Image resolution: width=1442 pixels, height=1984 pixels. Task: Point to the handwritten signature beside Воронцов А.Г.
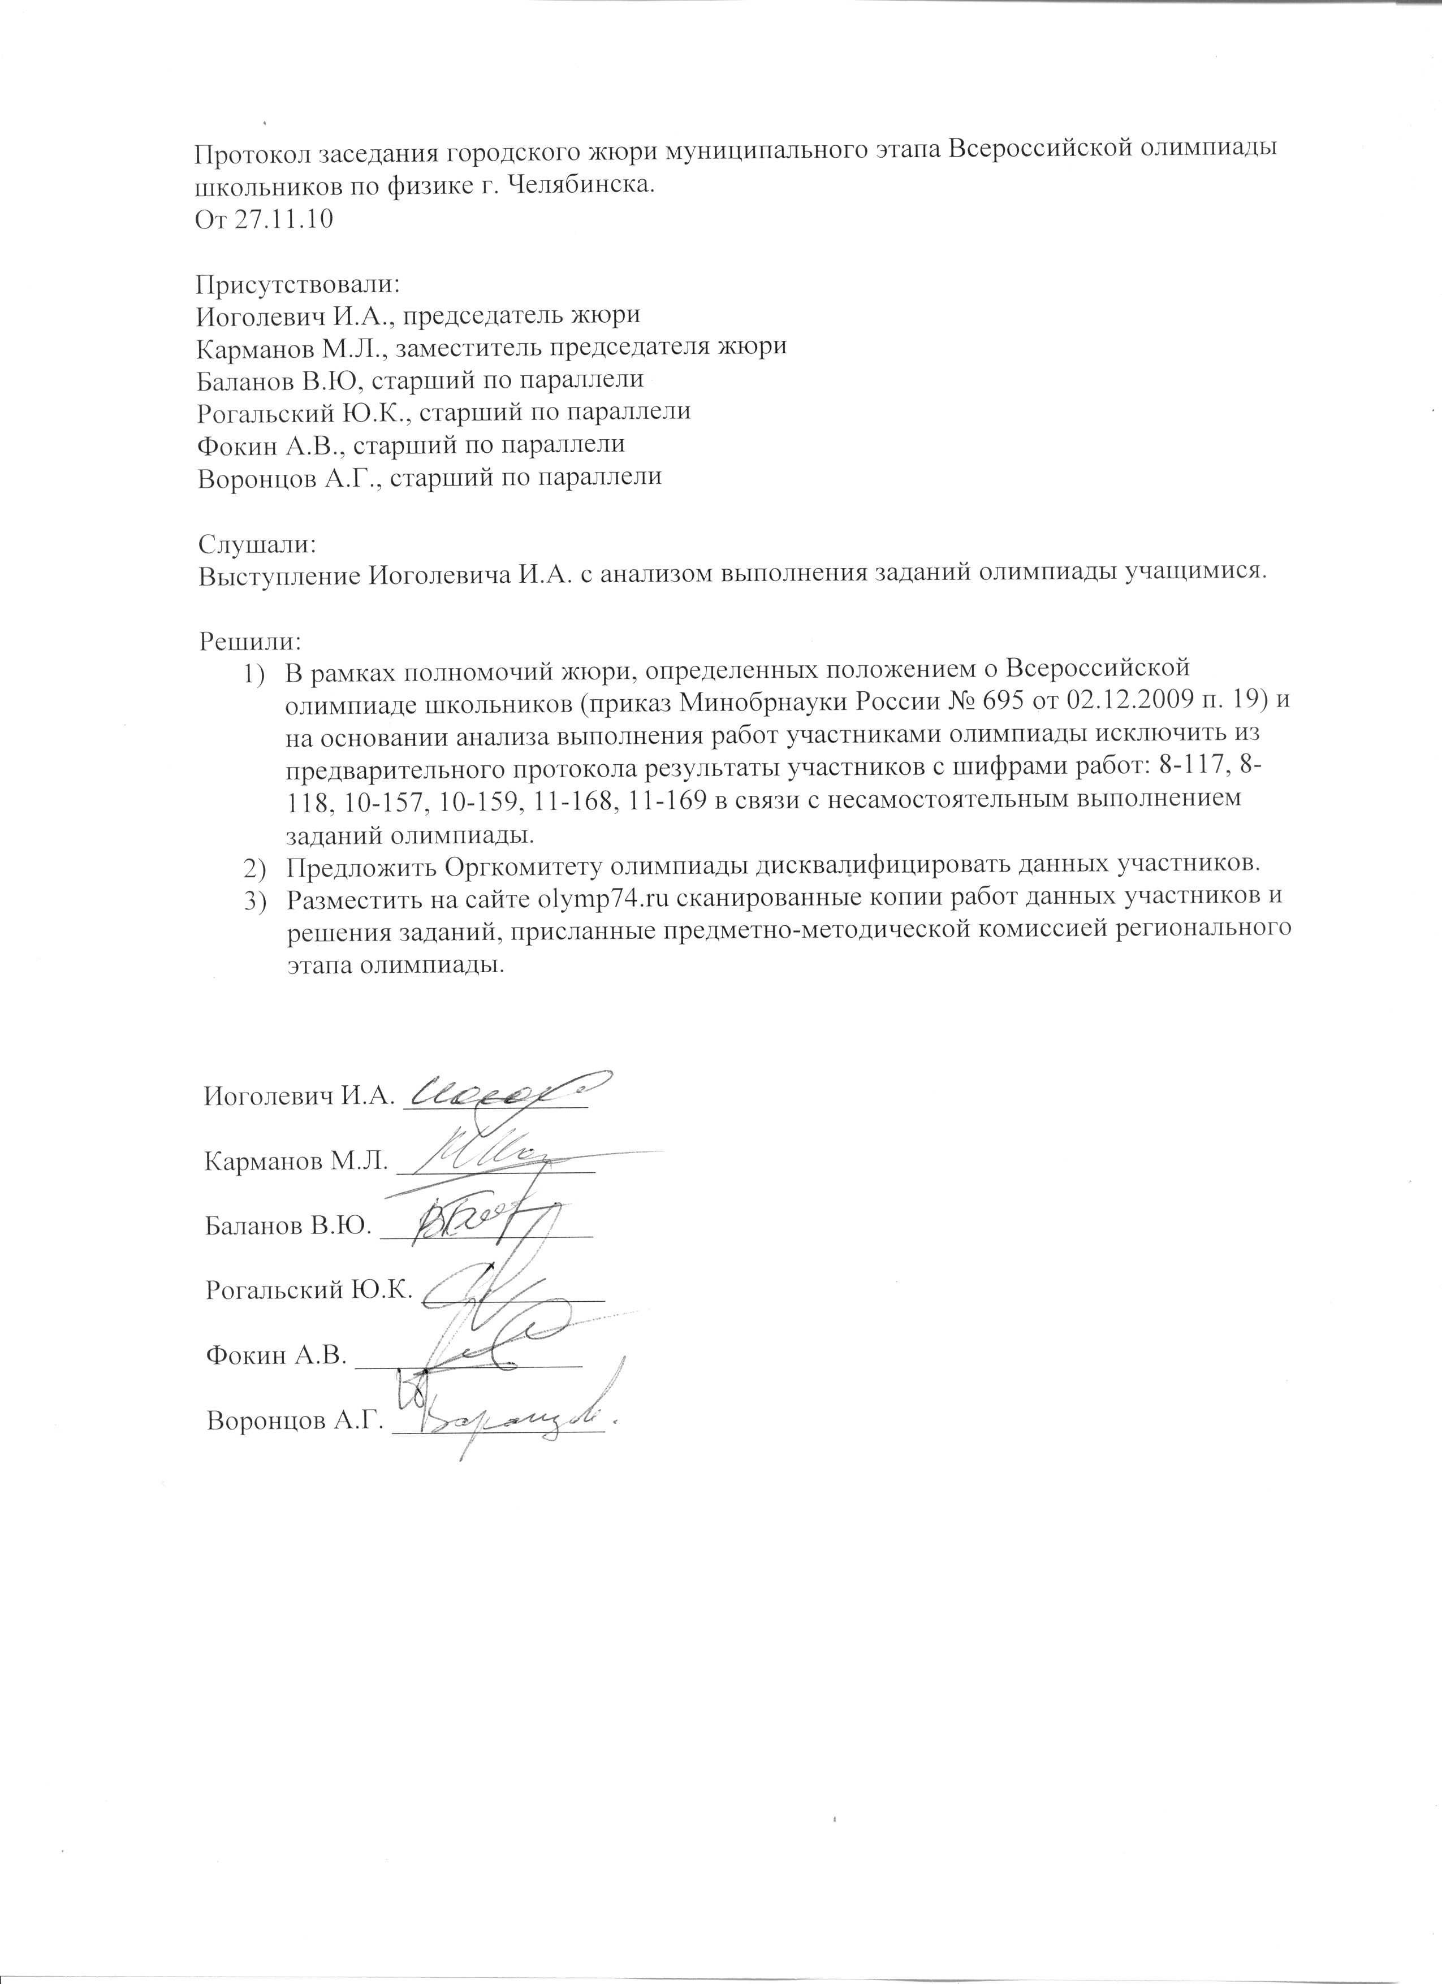click(507, 1424)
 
